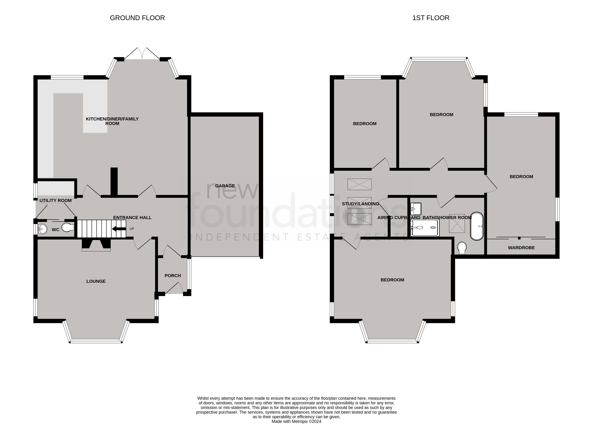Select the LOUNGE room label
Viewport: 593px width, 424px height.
(x=96, y=281)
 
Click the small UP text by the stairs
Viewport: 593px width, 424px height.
(x=132, y=229)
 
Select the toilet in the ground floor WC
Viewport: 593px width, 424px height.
(x=68, y=227)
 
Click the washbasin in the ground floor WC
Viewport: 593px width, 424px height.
(x=42, y=229)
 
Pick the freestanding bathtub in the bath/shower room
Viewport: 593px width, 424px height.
(x=477, y=226)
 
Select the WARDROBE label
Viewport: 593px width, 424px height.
(x=521, y=247)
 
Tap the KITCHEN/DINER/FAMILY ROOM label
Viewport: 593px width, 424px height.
(x=112, y=121)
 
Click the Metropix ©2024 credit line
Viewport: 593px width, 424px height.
(x=296, y=421)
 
